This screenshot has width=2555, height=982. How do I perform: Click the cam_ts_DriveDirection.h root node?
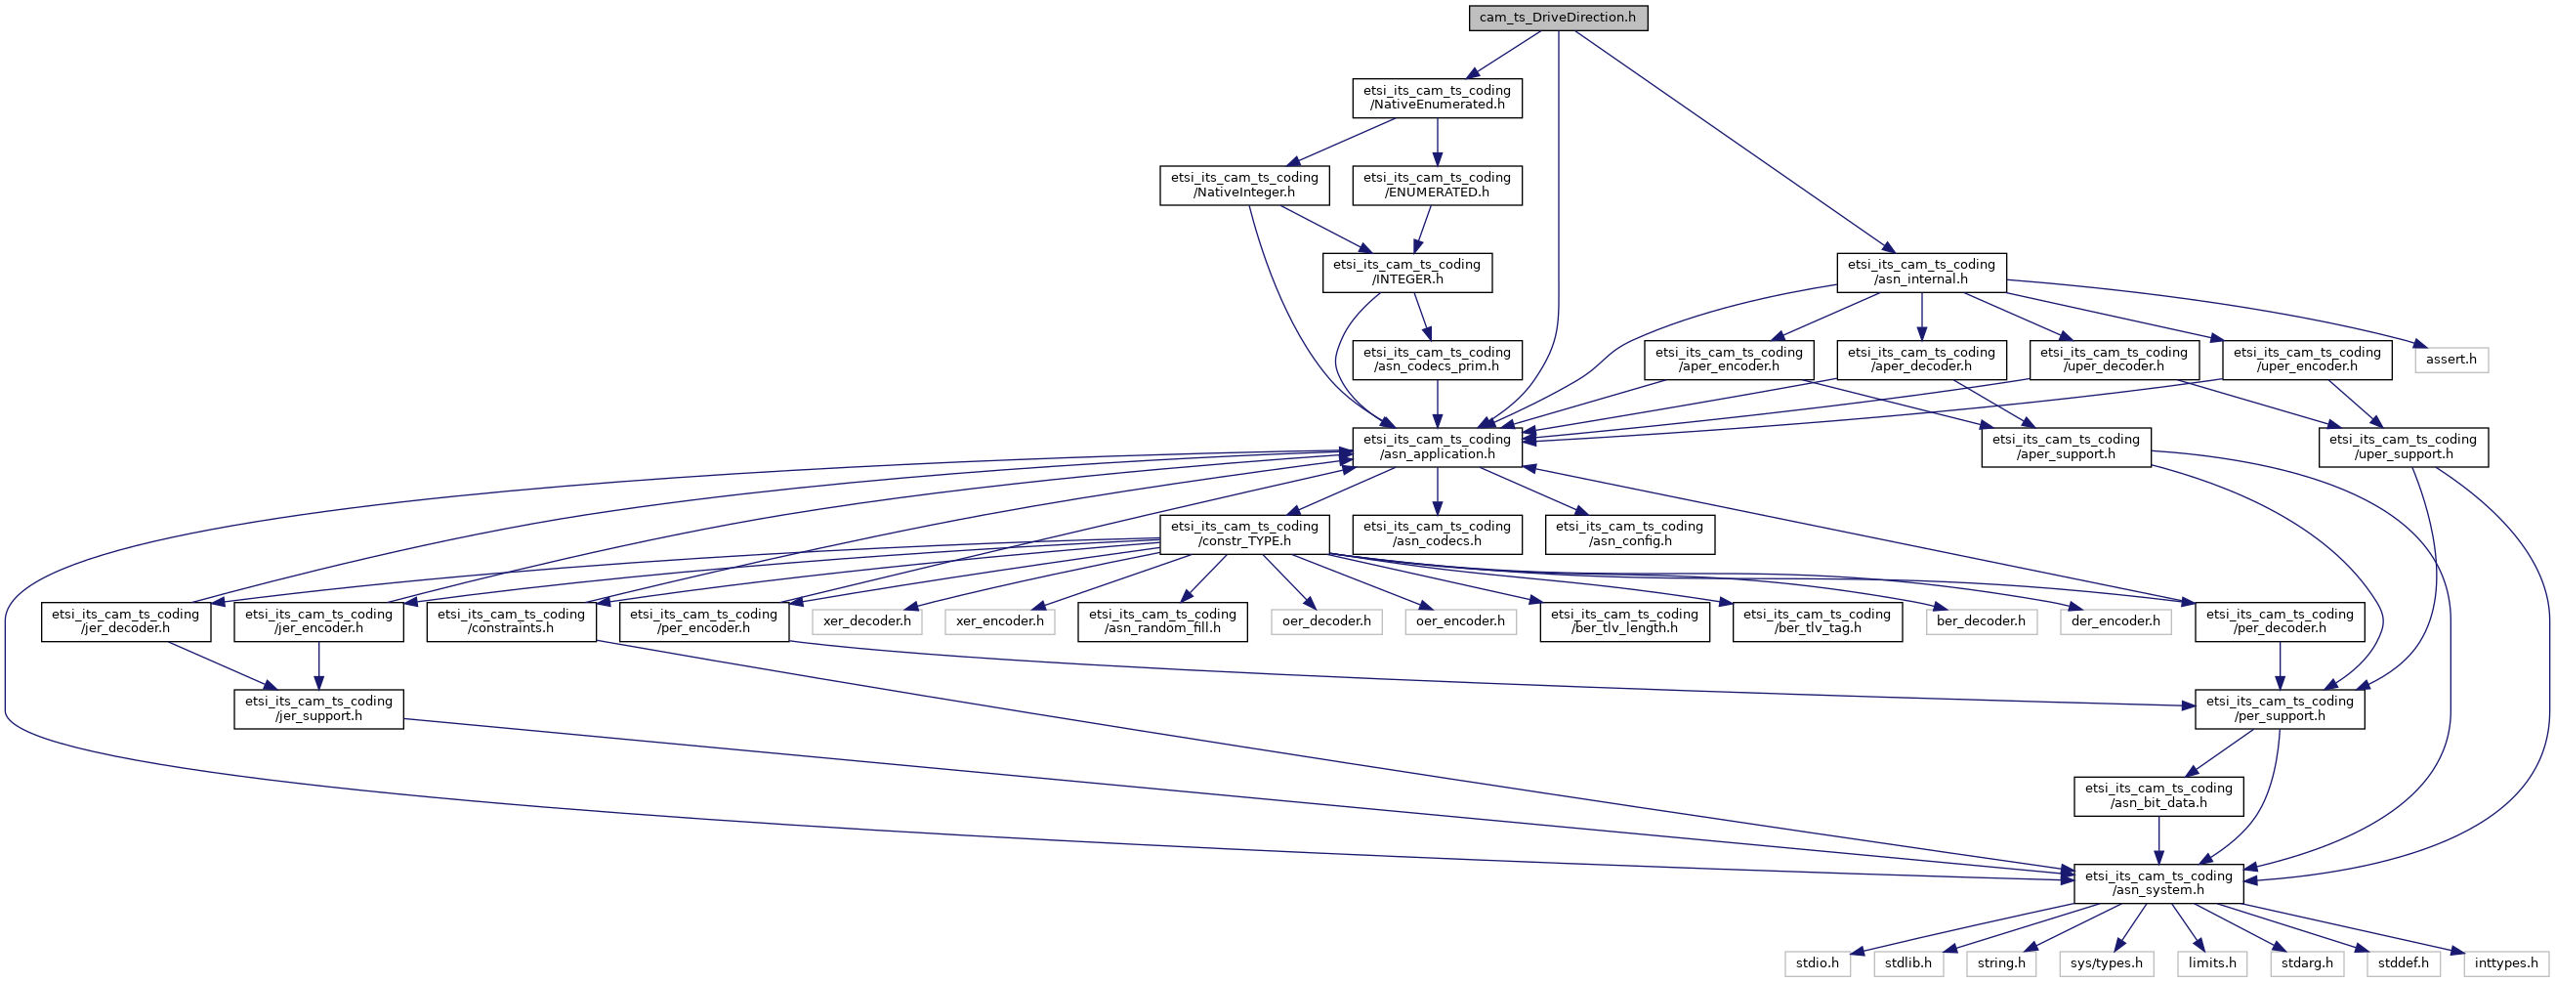[1558, 18]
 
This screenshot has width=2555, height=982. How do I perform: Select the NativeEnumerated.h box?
[1438, 97]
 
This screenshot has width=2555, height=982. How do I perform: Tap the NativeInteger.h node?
[1244, 185]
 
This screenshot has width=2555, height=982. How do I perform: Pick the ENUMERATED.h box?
[1438, 185]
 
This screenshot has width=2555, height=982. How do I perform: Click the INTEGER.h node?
[1407, 272]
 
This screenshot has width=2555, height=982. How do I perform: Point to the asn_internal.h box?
[1921, 272]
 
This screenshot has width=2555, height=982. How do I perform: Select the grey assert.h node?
[2450, 359]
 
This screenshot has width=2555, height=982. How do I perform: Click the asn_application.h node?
[1438, 447]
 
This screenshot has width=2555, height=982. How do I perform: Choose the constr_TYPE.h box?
[1244, 534]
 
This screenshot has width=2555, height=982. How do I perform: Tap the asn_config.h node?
[1630, 534]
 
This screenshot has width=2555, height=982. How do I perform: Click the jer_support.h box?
[318, 708]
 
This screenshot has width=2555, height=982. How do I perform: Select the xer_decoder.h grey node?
[867, 620]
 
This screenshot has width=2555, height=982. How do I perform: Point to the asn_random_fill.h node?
[1162, 620]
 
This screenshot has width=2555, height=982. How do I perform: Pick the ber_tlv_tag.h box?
[1817, 620]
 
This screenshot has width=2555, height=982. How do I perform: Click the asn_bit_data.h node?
[2158, 795]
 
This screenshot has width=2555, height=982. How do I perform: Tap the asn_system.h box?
[2158, 882]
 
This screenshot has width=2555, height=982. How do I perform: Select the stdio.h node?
[1817, 963]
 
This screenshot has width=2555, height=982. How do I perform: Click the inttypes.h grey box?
[2506, 963]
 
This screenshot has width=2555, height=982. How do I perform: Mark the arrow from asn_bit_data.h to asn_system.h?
[2158, 840]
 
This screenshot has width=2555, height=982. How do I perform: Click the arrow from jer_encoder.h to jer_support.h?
[318, 665]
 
